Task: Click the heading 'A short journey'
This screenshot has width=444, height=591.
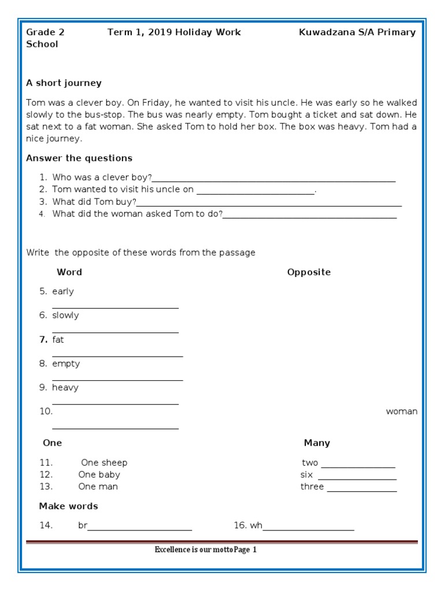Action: (x=64, y=83)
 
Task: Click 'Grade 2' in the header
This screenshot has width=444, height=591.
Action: (x=45, y=32)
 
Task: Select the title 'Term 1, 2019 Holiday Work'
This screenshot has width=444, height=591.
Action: (x=174, y=32)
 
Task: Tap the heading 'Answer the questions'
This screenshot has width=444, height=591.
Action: (x=79, y=158)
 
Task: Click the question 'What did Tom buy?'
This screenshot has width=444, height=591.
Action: (x=94, y=202)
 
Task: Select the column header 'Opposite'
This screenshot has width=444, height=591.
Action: (x=309, y=272)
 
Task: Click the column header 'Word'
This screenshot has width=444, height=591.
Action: (x=69, y=272)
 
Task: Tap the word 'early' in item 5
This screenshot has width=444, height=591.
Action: (x=63, y=291)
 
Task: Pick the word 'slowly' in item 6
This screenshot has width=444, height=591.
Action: (x=65, y=316)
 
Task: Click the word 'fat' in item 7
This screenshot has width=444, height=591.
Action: (x=58, y=340)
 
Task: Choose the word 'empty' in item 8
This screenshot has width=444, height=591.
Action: (x=66, y=364)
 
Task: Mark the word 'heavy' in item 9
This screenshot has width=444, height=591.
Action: (x=65, y=388)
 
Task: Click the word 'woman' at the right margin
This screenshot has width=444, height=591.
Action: (x=401, y=412)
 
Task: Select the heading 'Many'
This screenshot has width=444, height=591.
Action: (x=317, y=443)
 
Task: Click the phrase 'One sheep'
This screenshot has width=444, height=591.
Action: (x=104, y=463)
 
